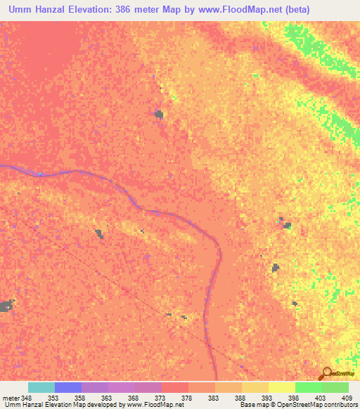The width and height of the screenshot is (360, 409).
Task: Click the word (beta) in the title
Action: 296,8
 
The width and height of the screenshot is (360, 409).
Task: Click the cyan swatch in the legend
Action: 41,387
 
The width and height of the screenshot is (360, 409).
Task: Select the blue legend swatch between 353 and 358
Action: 68,387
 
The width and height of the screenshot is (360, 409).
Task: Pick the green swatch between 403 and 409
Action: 335,387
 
